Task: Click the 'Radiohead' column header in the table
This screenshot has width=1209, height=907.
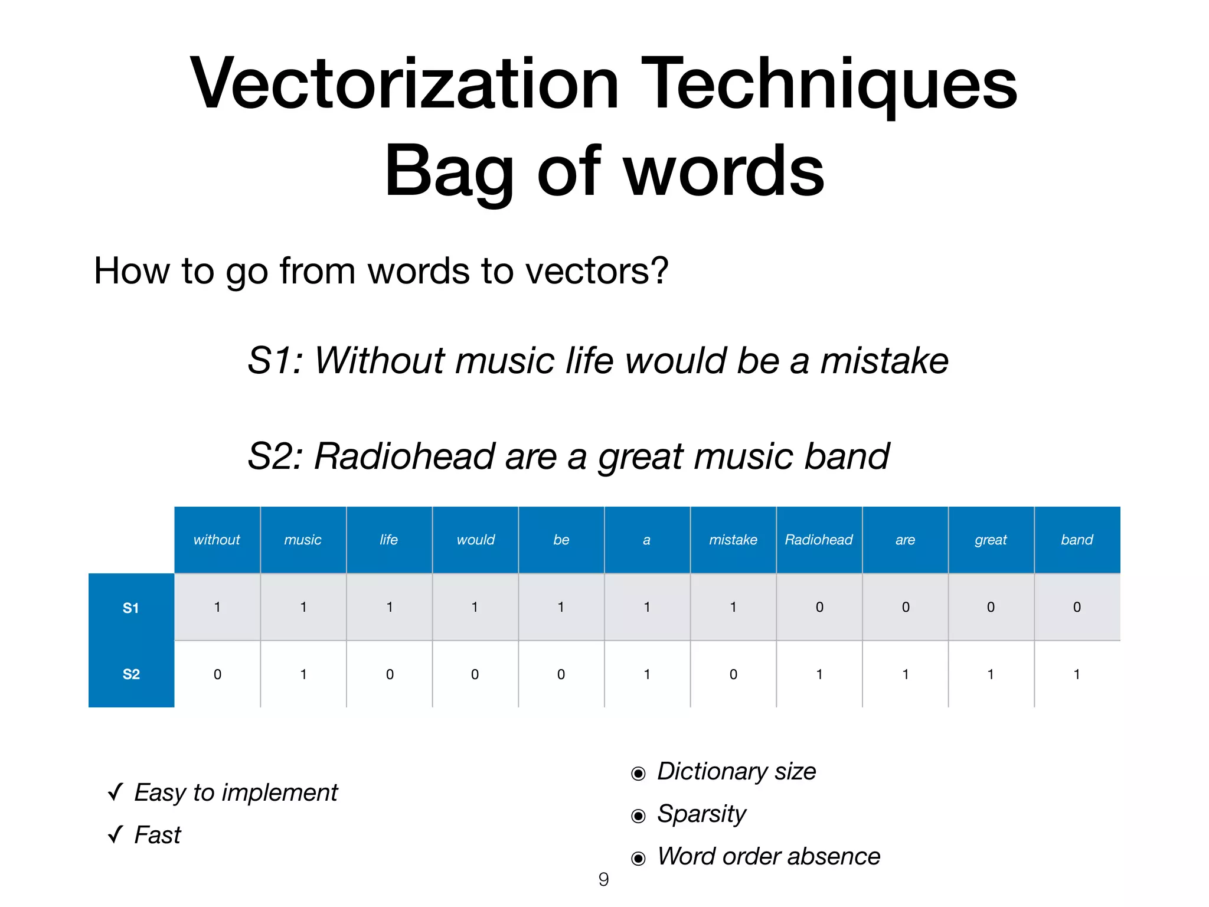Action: (819, 540)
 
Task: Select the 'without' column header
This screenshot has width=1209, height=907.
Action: (217, 540)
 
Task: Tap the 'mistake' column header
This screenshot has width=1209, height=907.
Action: (733, 540)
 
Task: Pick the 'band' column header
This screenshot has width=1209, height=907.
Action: (1077, 540)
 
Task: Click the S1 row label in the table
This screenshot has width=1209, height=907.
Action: (131, 608)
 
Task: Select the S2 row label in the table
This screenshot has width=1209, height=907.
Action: (131, 674)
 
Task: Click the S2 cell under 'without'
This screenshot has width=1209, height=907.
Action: (217, 674)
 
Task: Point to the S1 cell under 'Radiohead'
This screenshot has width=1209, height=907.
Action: (819, 607)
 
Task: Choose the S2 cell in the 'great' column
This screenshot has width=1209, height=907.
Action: (991, 674)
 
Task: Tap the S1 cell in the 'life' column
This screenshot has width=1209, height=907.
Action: (390, 607)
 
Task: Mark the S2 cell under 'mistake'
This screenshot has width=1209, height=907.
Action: (733, 674)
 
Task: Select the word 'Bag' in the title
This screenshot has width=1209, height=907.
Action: (449, 172)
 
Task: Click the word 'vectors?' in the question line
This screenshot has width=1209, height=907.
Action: (596, 271)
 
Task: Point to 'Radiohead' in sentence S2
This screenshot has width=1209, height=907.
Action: (404, 456)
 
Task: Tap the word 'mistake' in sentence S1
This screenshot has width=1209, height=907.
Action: (884, 361)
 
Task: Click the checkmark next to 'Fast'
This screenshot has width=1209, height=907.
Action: (116, 834)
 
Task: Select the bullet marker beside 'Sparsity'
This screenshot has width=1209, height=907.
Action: (638, 816)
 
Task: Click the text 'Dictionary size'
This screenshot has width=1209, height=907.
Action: (736, 772)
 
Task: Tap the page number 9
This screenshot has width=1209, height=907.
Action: (603, 880)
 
